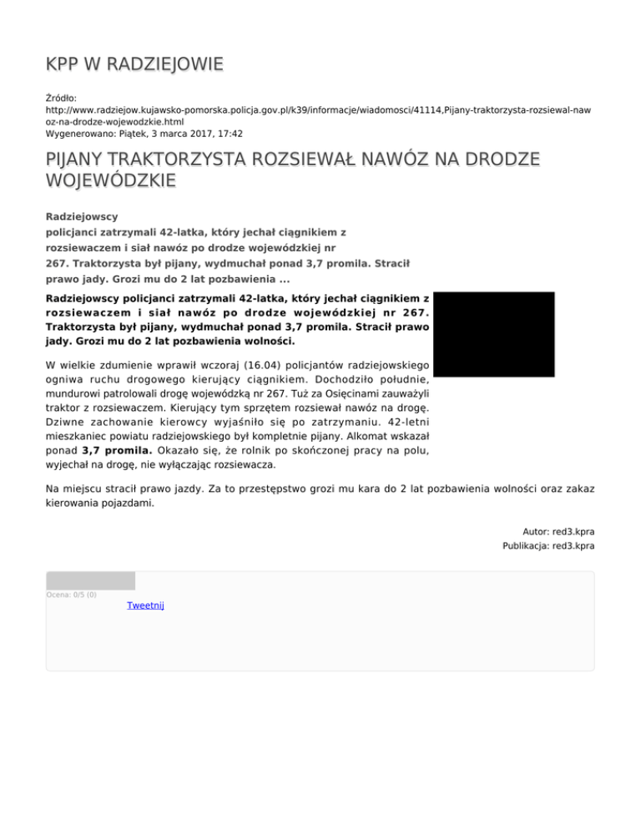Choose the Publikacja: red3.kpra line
click(x=548, y=546)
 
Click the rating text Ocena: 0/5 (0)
click(x=71, y=595)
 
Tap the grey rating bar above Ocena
click(x=90, y=580)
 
